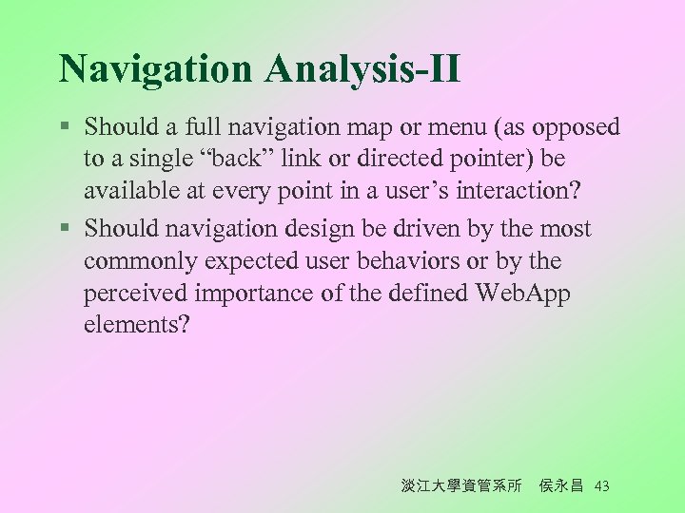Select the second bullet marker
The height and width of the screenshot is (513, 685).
(x=64, y=230)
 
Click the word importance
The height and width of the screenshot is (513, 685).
(x=255, y=294)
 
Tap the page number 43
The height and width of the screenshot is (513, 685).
(x=600, y=486)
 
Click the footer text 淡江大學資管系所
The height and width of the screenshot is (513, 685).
(x=461, y=486)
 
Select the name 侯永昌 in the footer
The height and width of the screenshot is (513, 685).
(x=560, y=486)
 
